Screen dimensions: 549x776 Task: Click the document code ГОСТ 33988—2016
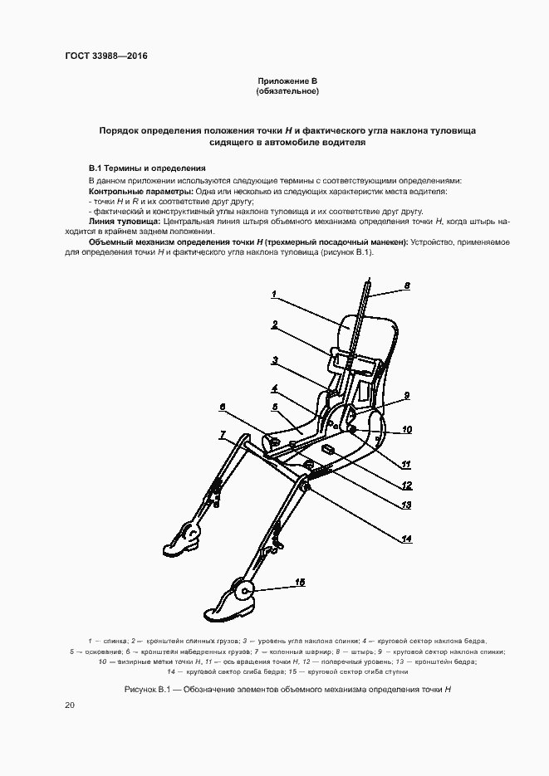coord(100,56)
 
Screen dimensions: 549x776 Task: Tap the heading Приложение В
coord(287,81)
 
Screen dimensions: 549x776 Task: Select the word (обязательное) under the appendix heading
coord(287,90)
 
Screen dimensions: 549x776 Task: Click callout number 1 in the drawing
coord(273,293)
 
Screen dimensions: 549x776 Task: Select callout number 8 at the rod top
coord(407,286)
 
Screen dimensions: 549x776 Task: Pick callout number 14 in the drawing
coord(406,538)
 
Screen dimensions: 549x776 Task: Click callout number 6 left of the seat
coord(223,406)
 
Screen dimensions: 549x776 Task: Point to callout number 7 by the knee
coord(223,434)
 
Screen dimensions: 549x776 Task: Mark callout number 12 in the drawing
coord(406,486)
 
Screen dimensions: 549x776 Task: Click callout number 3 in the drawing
coord(273,360)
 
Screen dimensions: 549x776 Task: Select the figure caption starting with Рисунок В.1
coord(287,689)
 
